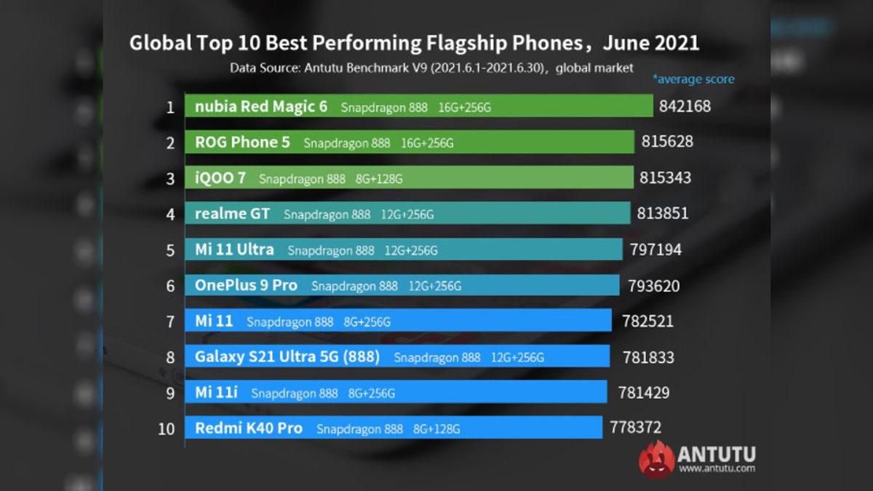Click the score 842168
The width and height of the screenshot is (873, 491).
[685, 107]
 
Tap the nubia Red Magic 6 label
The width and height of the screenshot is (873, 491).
[261, 107]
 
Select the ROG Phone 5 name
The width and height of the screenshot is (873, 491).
[242, 143]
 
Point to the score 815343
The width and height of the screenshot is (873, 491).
[665, 177]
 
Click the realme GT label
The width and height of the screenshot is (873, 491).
[232, 214]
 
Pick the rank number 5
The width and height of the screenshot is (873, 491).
[170, 250]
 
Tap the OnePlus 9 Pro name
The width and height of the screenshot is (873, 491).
[246, 285]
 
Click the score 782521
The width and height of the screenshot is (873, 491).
[647, 321]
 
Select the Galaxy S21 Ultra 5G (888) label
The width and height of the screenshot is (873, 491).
[287, 356]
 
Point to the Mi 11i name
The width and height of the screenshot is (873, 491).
[216, 393]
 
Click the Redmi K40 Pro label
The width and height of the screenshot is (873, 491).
[248, 428]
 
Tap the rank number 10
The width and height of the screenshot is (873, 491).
[167, 428]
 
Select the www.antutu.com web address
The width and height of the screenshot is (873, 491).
[716, 469]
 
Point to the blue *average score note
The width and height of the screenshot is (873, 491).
[693, 79]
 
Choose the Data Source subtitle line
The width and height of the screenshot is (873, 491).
[431, 68]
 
